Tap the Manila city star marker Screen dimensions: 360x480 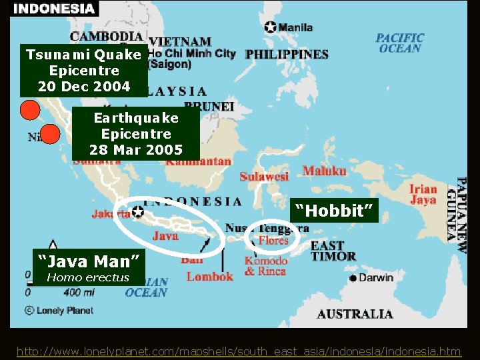click(x=270, y=27)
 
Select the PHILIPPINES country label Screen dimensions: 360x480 click(x=287, y=54)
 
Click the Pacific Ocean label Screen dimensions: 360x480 click(x=399, y=43)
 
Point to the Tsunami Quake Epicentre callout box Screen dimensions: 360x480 click(x=83, y=70)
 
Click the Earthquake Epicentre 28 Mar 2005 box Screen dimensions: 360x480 click(x=136, y=134)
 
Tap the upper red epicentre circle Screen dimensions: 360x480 click(x=29, y=110)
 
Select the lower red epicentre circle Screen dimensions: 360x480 click(x=49, y=135)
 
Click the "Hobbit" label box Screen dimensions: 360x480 click(x=335, y=211)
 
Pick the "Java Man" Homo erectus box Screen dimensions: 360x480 click(x=88, y=265)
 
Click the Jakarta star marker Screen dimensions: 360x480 click(x=137, y=211)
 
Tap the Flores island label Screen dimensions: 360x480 click(x=273, y=240)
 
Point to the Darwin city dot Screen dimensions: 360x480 click(x=353, y=278)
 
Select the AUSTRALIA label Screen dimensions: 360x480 click(x=355, y=313)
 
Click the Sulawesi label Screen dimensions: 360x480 click(x=264, y=176)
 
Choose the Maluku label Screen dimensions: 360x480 click(x=324, y=171)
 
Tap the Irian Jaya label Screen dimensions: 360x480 click(x=423, y=194)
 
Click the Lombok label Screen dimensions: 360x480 click(x=209, y=276)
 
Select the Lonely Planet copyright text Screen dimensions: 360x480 click(x=59, y=310)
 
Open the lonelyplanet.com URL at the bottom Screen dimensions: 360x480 click(x=238, y=351)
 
